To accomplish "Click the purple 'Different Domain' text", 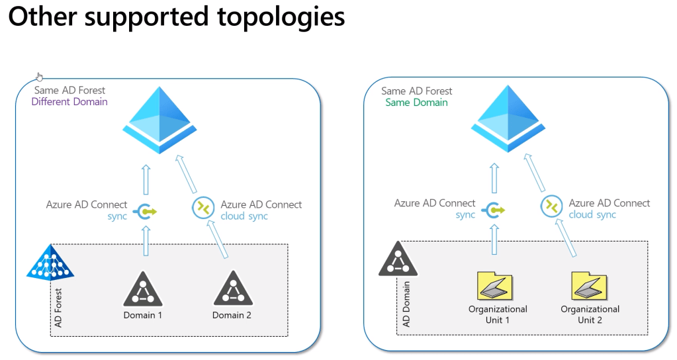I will coord(69,102).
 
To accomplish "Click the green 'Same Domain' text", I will coord(416,103).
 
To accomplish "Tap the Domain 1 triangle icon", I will coord(142,289).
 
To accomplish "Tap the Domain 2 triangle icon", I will coord(232,289).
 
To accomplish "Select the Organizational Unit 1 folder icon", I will coord(497,286).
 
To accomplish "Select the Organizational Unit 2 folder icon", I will coord(590,286).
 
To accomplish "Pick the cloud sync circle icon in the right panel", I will coord(551,206).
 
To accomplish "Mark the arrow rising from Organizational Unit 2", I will coord(568,238).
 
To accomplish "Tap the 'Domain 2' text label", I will coord(232,315).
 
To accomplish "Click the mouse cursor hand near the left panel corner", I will coord(40,77).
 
